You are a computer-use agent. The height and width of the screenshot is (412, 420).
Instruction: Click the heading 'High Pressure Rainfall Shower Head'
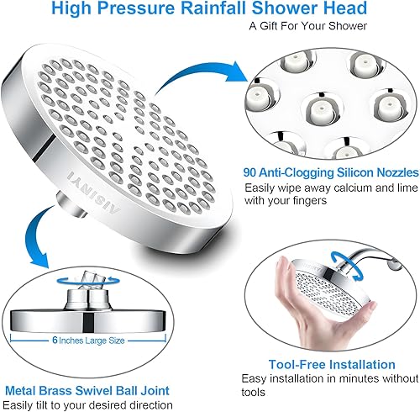(x=209, y=9)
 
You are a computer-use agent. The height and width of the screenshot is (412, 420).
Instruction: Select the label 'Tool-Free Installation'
(x=333, y=365)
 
